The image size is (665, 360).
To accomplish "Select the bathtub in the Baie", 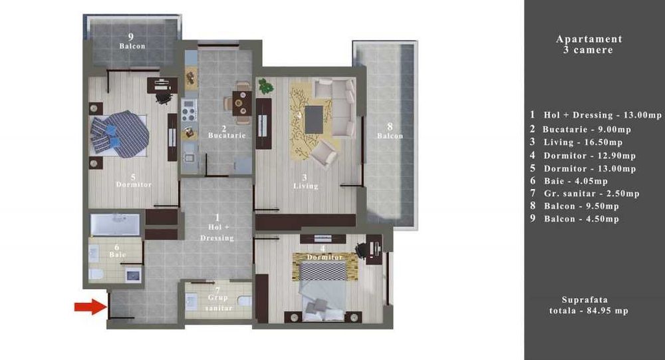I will pos(115,224).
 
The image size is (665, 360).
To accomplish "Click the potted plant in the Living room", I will pos(265,85).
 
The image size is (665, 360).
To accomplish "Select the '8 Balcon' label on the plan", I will pos(390,130).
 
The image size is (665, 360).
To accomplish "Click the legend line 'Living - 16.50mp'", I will pos(582,142).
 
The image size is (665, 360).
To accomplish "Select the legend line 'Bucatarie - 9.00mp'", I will pos(587,129).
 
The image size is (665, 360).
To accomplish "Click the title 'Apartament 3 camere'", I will pos(589,45).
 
